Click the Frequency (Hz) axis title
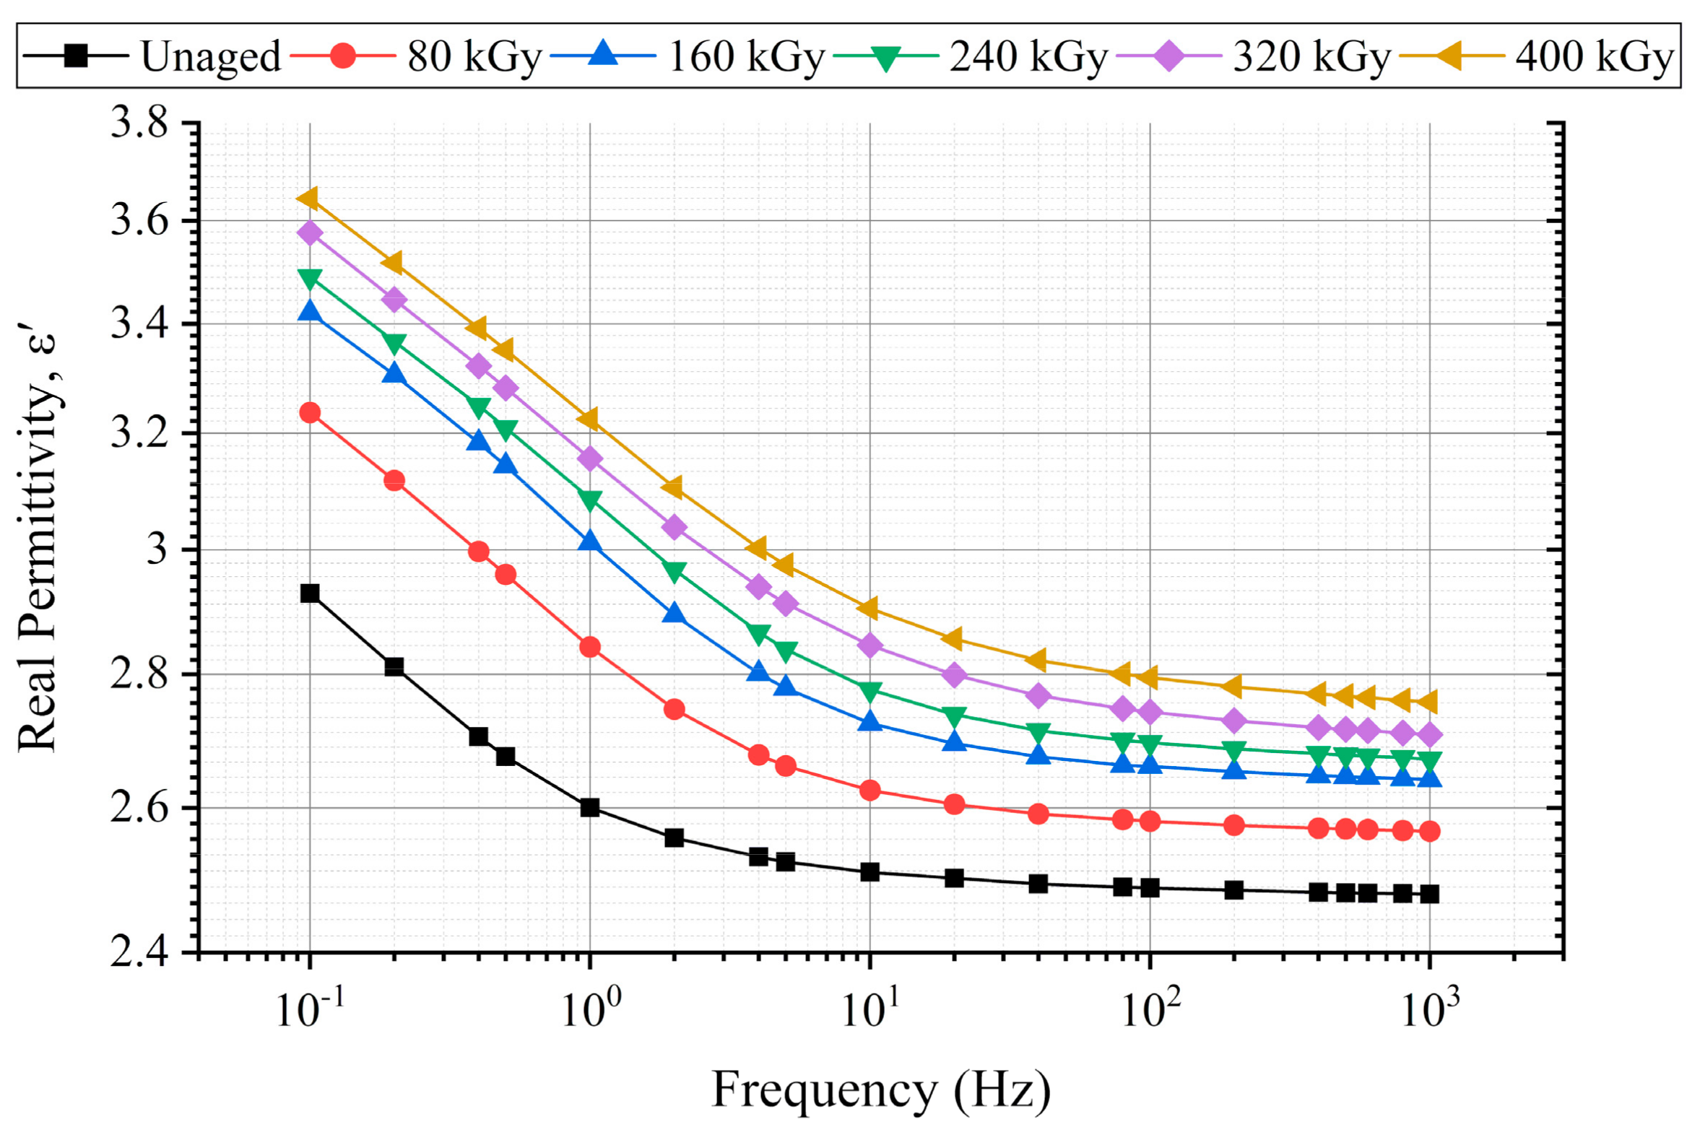point(880,1091)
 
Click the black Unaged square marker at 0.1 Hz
point(311,593)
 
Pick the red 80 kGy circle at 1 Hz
point(590,647)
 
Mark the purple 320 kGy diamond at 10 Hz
point(869,645)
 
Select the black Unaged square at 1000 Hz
point(1429,895)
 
